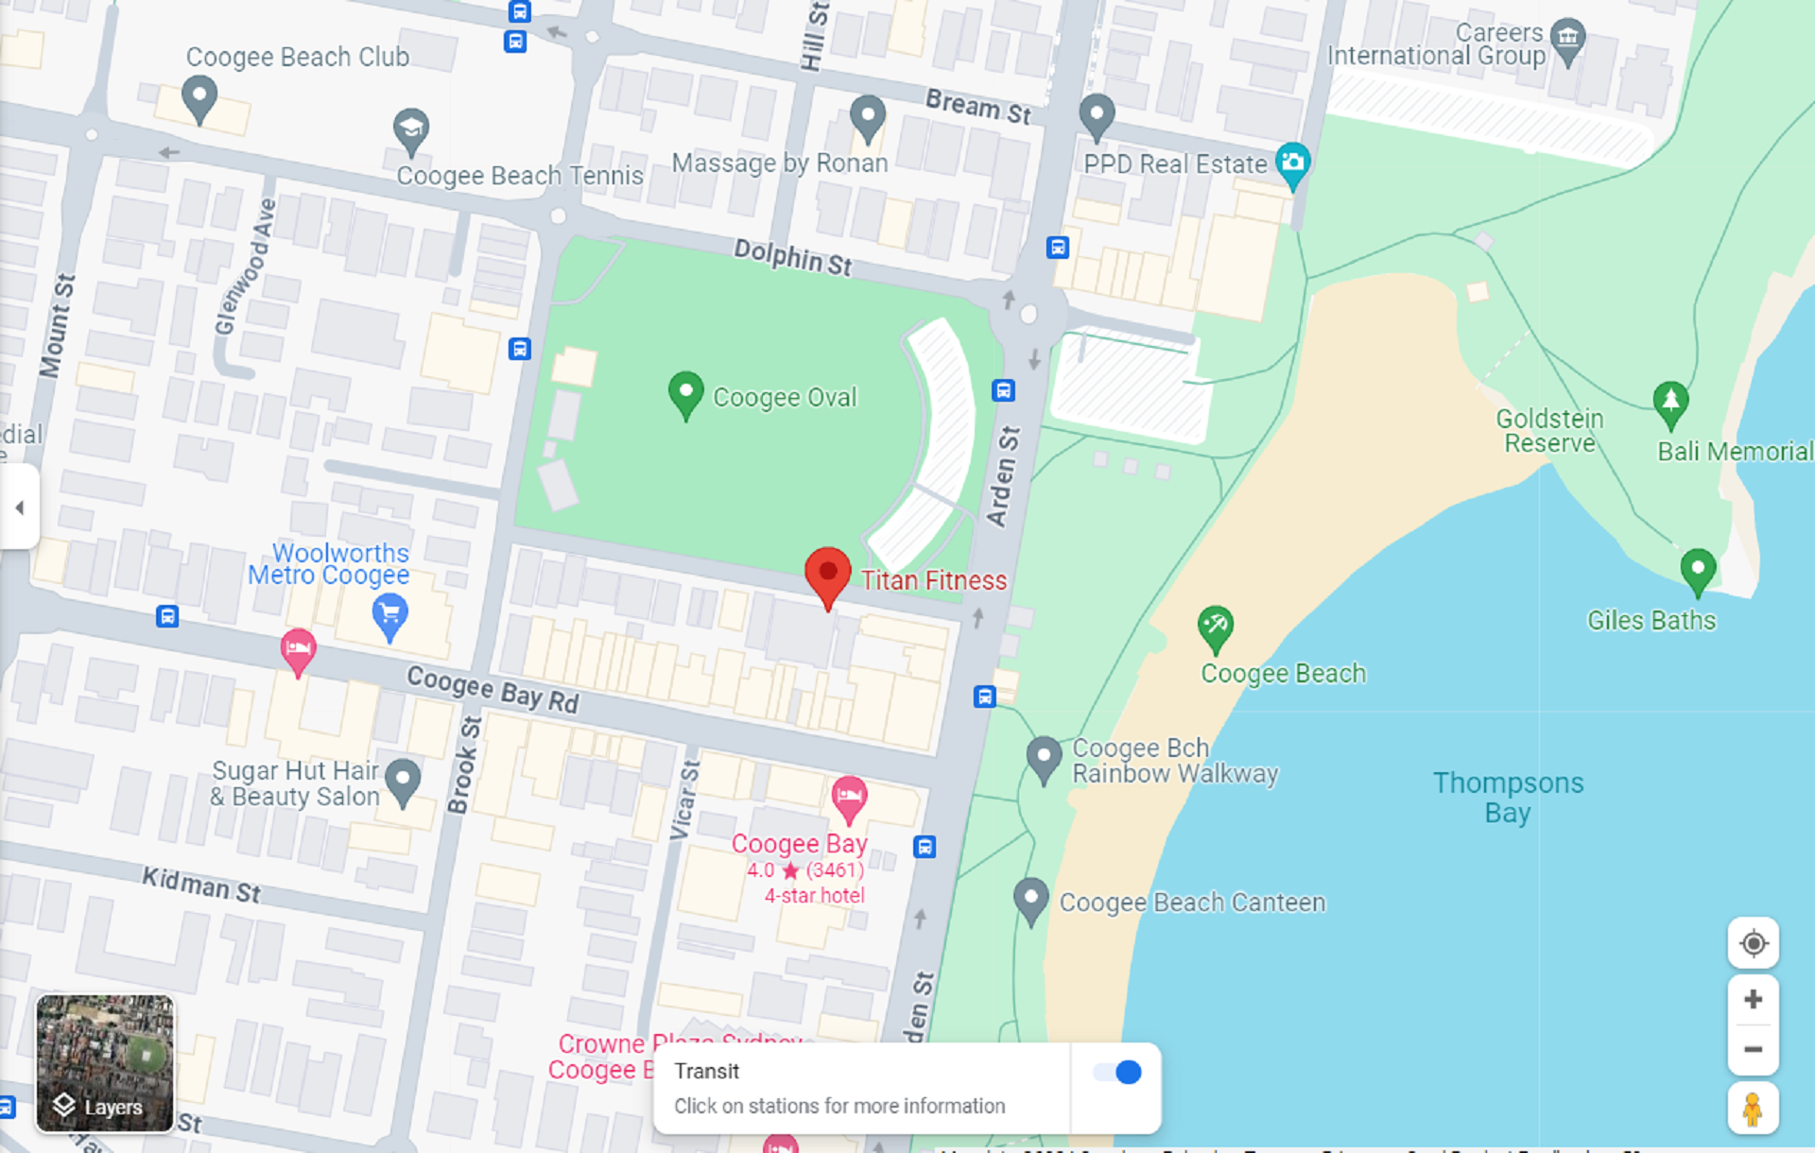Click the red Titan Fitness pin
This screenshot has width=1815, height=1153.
827,574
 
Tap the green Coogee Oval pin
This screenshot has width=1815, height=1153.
685,392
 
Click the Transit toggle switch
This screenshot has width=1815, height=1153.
1117,1072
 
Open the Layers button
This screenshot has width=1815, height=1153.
104,1063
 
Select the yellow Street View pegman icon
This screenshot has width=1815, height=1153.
1753,1108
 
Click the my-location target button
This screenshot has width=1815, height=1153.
1753,943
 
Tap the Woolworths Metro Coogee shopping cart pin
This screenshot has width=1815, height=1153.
389,615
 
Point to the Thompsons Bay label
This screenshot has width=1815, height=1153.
1508,798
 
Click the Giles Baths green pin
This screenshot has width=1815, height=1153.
1698,570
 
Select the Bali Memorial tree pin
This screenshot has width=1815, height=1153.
1670,402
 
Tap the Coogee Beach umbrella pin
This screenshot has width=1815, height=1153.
1216,627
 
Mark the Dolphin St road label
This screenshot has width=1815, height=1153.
793,257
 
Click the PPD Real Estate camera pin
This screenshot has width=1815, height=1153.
1292,163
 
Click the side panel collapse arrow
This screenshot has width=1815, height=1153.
19,508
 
